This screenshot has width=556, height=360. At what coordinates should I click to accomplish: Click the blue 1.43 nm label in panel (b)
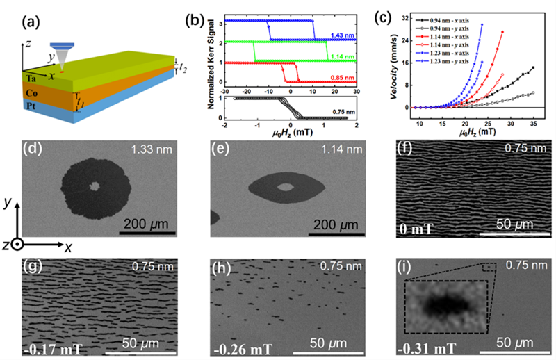[x=341, y=33]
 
